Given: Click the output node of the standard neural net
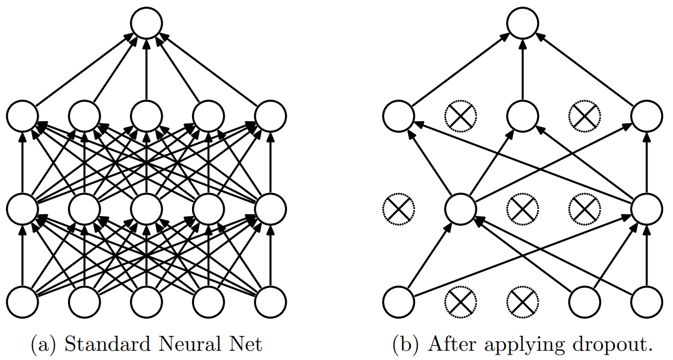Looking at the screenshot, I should tap(146, 23).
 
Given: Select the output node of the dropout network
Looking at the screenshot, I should tap(523, 23).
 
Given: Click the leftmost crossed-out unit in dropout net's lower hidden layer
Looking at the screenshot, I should tap(398, 208).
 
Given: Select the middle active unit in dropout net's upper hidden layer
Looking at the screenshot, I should tap(523, 116).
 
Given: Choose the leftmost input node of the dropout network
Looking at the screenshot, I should tap(398, 301).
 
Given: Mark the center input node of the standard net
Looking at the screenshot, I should tap(146, 301).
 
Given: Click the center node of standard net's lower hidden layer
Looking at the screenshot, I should tap(146, 208).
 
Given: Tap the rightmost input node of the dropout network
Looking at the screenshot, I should tap(647, 301).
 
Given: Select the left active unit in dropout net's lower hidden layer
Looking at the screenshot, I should tap(460, 208).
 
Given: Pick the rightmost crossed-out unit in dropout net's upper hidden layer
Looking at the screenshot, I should tap(585, 116).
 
